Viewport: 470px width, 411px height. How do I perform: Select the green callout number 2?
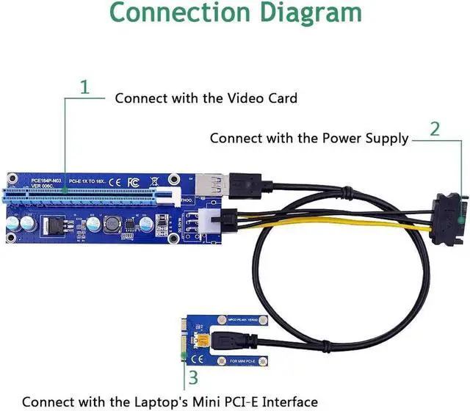click(x=435, y=129)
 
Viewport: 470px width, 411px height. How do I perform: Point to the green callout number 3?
click(x=193, y=378)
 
